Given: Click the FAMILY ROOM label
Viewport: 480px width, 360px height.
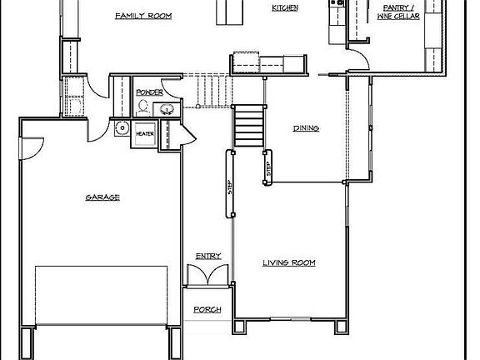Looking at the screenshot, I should (x=143, y=16).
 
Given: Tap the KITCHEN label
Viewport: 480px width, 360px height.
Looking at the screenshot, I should (x=285, y=8).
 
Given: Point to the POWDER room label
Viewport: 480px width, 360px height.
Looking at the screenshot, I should (x=149, y=92).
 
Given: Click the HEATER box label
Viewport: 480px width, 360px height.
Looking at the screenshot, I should (x=144, y=133).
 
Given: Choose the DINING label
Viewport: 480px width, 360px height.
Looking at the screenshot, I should (x=307, y=127).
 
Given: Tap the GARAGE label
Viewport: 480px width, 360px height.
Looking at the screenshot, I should (x=102, y=197).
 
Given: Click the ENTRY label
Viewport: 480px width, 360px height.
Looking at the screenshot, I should (x=207, y=256).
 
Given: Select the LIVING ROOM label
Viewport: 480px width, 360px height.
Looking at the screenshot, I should (x=288, y=263).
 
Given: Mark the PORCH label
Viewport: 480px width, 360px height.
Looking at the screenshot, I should (x=207, y=310).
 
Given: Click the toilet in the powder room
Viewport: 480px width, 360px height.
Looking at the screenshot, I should (x=143, y=107).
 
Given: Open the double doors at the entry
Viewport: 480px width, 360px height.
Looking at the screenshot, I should (x=207, y=274).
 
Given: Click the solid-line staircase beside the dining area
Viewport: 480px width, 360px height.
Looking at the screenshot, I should (x=248, y=126).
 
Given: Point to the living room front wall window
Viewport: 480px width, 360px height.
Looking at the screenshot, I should (x=288, y=318).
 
